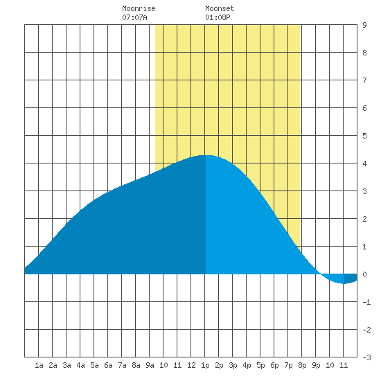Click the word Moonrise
(139, 8)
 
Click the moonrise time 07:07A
(134, 17)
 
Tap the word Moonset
(220, 8)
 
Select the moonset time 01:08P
(218, 17)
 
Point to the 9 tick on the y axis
(364, 25)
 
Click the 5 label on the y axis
(364, 136)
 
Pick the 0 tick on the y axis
(364, 274)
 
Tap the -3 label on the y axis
(366, 357)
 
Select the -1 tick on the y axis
(366, 302)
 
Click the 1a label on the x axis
(39, 365)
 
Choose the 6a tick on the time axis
(108, 365)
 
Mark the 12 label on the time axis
(191, 365)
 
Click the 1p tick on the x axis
(205, 365)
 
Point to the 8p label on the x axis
(302, 365)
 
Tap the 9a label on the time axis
(150, 365)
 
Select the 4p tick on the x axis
(247, 365)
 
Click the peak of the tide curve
(206, 155)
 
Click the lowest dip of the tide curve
(344, 283)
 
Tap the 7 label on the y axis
(364, 80)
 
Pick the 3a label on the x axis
(67, 365)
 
